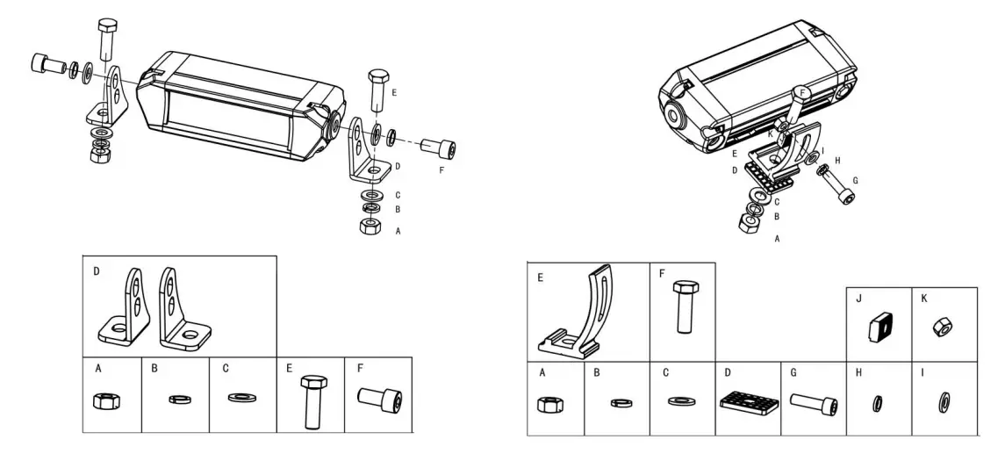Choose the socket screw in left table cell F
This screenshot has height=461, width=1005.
(x=379, y=400)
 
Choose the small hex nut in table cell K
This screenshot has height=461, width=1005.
(x=944, y=328)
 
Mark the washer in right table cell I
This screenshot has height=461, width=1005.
(x=944, y=402)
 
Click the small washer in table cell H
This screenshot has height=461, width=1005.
(x=878, y=402)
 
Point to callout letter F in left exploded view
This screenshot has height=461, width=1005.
(x=441, y=169)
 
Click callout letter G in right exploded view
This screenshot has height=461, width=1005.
(x=855, y=180)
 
